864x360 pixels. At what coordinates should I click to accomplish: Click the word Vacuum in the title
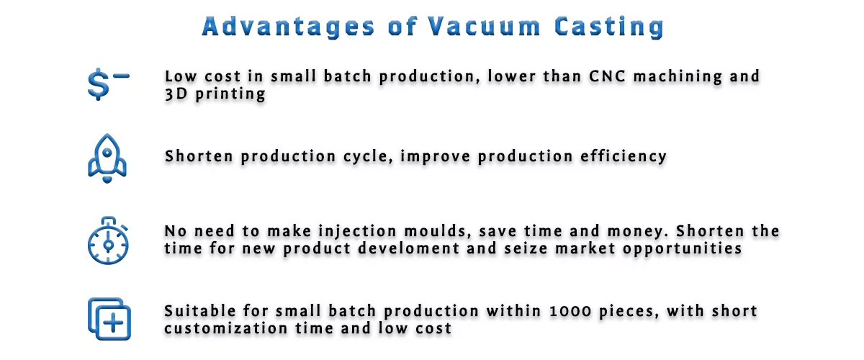coord(484,27)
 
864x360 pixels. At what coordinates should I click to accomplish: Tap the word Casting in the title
coord(609,27)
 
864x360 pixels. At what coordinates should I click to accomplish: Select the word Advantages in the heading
coord(288,27)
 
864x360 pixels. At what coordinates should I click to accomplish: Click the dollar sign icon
coord(108,84)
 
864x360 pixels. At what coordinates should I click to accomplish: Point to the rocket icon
coord(107,158)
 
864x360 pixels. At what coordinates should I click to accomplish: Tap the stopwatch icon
coord(108,240)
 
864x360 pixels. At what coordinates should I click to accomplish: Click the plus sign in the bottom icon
coord(114,323)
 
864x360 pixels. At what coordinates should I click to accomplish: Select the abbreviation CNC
coord(607,76)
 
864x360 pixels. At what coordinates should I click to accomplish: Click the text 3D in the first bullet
coord(176,94)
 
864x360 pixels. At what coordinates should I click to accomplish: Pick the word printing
coord(230,94)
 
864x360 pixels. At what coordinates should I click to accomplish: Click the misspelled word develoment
coord(408,248)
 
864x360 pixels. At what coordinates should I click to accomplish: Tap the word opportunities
coord(683,249)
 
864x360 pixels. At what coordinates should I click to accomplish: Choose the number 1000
coord(570,311)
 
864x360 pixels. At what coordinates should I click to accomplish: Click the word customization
coord(225,328)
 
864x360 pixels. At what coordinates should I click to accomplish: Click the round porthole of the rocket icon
coord(107,153)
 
